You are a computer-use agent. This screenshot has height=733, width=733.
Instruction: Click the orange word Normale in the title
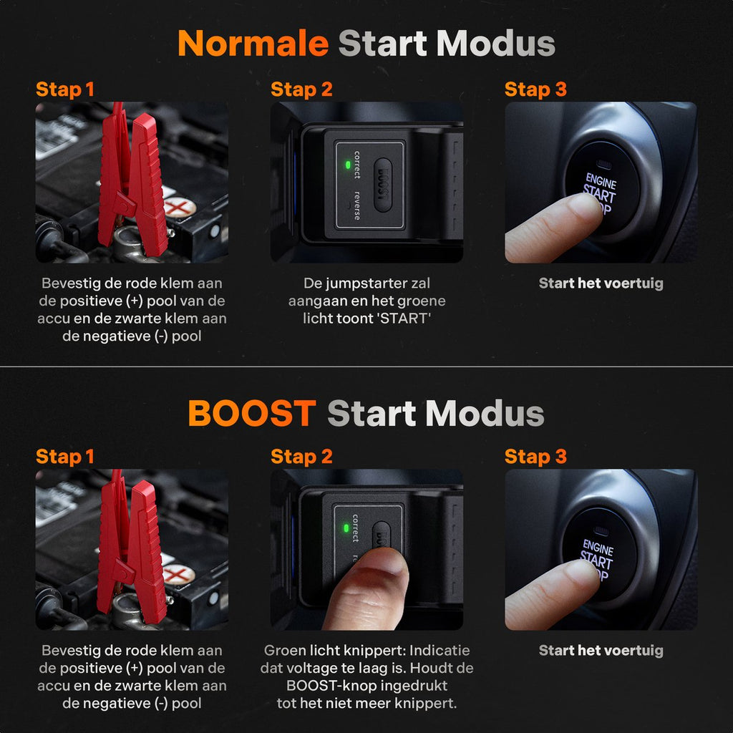[x=253, y=44]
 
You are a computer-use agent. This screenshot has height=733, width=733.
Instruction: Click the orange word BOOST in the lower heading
[x=252, y=413]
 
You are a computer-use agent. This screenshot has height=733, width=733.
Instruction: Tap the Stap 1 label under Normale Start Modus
[x=65, y=89]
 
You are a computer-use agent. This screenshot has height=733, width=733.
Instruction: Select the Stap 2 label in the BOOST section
[x=301, y=457]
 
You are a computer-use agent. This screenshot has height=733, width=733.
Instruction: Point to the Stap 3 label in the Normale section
[x=535, y=89]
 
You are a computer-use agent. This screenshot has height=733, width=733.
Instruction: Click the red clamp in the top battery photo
[x=133, y=183]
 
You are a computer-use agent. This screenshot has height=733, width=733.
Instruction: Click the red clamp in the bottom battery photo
[x=132, y=549]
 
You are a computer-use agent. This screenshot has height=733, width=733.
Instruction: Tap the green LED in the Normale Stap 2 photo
[x=347, y=165]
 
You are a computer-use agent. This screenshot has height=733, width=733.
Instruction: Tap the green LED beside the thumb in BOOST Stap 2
[x=346, y=528]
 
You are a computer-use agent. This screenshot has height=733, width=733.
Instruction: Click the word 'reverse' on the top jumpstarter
[x=357, y=205]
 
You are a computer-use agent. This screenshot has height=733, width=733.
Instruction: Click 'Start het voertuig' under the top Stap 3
[x=601, y=283]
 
